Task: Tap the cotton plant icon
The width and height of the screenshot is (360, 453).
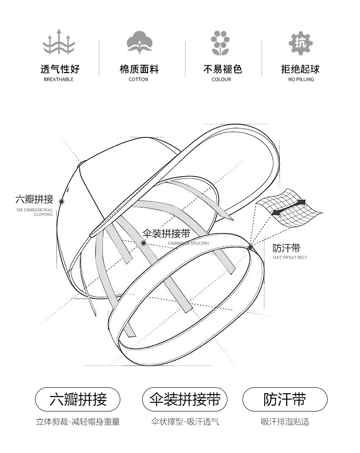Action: [x=139, y=42]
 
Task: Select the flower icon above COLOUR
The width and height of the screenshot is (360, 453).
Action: [x=220, y=43]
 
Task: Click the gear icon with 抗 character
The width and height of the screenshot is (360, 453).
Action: [x=300, y=43]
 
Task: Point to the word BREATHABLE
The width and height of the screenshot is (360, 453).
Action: [x=59, y=79]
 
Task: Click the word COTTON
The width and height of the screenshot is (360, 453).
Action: [x=138, y=79]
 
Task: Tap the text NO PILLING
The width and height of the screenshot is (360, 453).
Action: [x=301, y=79]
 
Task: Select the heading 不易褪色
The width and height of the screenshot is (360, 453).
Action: [x=222, y=69]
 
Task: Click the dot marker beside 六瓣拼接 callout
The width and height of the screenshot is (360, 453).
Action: [x=61, y=201]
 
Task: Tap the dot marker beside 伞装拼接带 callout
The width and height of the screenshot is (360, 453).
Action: [x=144, y=243]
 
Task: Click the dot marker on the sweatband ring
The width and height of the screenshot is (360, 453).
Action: [x=250, y=247]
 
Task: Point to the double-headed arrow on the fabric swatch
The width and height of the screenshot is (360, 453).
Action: [x=289, y=207]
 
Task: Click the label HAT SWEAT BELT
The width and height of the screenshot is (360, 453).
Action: [x=290, y=257]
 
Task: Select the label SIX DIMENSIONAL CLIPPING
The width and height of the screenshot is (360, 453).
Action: [x=35, y=212]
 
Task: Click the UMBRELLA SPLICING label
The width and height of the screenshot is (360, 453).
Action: [x=189, y=243]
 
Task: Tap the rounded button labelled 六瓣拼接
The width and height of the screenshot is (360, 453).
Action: [x=77, y=399]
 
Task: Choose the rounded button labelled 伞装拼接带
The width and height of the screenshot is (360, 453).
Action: [x=185, y=399]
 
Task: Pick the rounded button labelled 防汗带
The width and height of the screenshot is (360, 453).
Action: [x=285, y=399]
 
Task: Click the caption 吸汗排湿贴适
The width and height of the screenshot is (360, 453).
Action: [x=285, y=422]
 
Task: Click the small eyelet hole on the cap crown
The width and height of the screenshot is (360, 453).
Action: [x=68, y=190]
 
